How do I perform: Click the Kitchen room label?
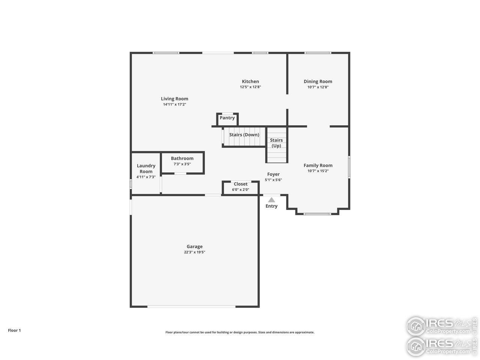coord(250,81)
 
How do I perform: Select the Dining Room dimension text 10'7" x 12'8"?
coord(318,87)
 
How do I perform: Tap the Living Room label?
coord(174,99)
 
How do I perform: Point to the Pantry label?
coord(227,118)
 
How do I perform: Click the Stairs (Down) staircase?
coord(244,136)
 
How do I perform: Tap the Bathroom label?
coord(182,158)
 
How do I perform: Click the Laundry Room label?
coord(146,168)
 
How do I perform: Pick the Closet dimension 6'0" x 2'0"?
coord(240,190)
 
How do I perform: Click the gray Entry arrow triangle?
coord(271,200)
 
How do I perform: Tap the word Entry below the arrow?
coord(271,206)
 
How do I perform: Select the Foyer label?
coord(273,174)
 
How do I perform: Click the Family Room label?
coord(318,165)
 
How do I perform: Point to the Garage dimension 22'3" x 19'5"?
coord(195,252)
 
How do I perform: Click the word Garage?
coord(195,246)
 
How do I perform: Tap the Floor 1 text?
coord(14,330)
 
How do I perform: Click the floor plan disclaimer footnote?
coord(240,332)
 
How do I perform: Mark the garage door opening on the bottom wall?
coord(191,306)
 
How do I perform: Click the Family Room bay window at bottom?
coord(317,214)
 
